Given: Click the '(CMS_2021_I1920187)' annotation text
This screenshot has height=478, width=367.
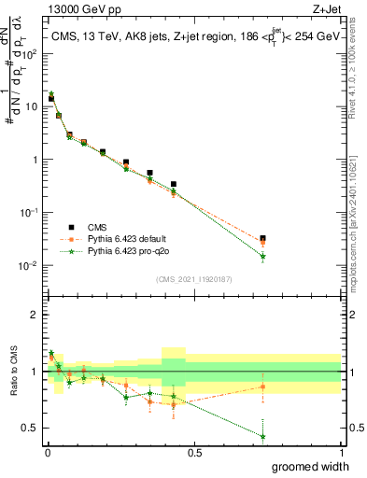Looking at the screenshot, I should [193, 278].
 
